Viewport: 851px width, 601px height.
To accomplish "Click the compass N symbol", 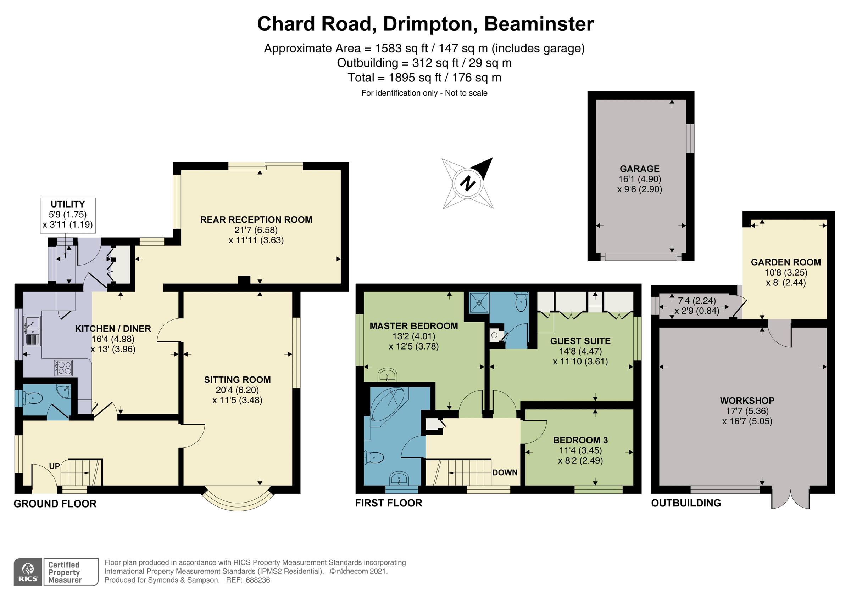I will click(468, 183).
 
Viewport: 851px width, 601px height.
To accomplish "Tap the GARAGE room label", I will click(639, 169).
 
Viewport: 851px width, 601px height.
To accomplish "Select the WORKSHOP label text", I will click(747, 401).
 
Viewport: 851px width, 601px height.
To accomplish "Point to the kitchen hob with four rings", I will click(63, 367).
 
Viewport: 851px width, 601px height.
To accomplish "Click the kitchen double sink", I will click(32, 330).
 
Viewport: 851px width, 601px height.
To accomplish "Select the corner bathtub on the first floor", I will click(387, 405).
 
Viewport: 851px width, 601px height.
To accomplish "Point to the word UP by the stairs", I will click(55, 466).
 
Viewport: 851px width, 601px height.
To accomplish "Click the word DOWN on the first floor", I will click(505, 472).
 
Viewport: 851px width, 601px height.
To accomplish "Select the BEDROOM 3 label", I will click(580, 440).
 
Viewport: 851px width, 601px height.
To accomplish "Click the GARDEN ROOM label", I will click(786, 262).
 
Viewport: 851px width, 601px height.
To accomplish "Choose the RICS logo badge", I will click(28, 572).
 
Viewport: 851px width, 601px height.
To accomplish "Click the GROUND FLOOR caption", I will click(55, 504).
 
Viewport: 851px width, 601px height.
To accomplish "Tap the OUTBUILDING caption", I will click(686, 503).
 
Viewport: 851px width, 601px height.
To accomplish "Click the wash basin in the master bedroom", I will click(387, 375).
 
